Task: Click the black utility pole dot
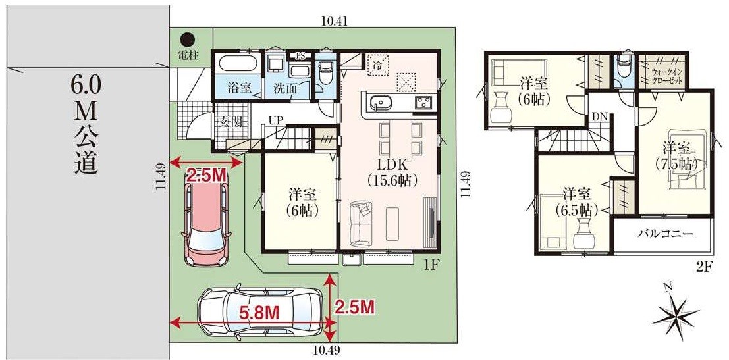coord(188,39)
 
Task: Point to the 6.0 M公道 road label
coord(86,124)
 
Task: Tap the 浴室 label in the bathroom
coord(240,87)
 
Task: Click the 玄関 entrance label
coord(230,122)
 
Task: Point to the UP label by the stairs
coord(275,120)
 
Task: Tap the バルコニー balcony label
coord(665,234)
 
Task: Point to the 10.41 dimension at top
coord(335,21)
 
